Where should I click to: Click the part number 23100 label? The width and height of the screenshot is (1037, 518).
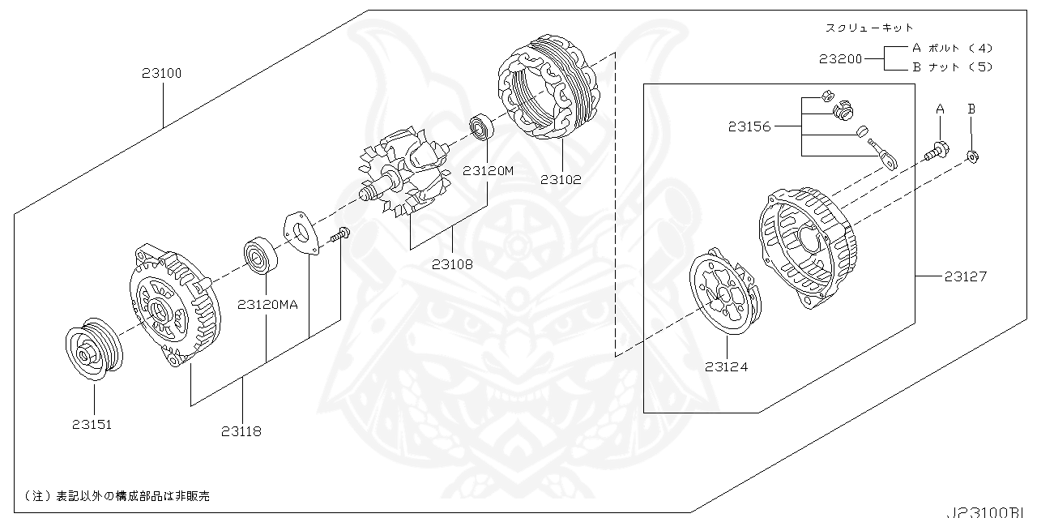coord(161,73)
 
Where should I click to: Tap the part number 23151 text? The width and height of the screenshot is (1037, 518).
coord(92,424)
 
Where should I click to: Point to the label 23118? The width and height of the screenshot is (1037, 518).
coord(241,432)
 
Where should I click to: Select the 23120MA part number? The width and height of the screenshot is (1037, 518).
coord(268,305)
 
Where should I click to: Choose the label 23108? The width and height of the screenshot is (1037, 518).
coord(452,263)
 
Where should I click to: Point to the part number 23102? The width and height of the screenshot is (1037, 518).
coord(561,180)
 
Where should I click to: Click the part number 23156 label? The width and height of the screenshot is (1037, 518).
coord(749,126)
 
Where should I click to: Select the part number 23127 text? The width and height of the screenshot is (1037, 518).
coord(966,276)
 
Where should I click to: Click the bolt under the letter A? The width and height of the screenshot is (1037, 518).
coord(937,149)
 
